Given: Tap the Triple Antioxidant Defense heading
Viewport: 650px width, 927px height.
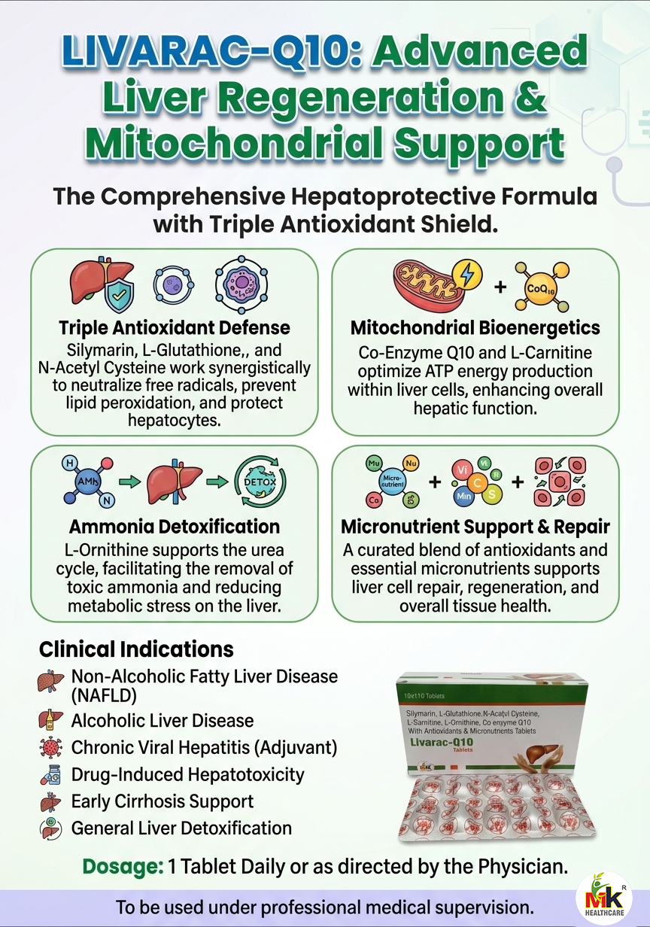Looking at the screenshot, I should [x=174, y=329].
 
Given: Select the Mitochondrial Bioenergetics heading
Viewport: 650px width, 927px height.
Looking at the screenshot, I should [x=475, y=329].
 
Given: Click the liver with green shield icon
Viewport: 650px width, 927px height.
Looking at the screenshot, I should [x=102, y=284].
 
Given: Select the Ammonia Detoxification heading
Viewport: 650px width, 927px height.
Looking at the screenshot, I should [x=174, y=526].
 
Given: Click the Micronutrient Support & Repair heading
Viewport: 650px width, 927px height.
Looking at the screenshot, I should [x=475, y=526].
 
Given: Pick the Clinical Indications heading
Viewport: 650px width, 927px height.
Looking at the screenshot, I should [x=136, y=649].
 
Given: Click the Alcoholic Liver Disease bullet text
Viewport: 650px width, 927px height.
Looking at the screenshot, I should [x=162, y=720].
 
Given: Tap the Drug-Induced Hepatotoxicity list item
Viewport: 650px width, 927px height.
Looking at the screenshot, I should [x=187, y=774].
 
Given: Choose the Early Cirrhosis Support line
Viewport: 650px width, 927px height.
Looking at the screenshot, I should [x=162, y=801].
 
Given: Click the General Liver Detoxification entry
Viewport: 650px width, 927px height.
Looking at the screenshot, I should [x=181, y=828].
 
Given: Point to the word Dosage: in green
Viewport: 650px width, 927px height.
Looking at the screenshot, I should [x=123, y=866].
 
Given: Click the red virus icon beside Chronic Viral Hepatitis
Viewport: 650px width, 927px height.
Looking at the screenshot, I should [x=47, y=748].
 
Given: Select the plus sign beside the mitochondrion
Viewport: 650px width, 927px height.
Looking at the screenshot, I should [x=500, y=287].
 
